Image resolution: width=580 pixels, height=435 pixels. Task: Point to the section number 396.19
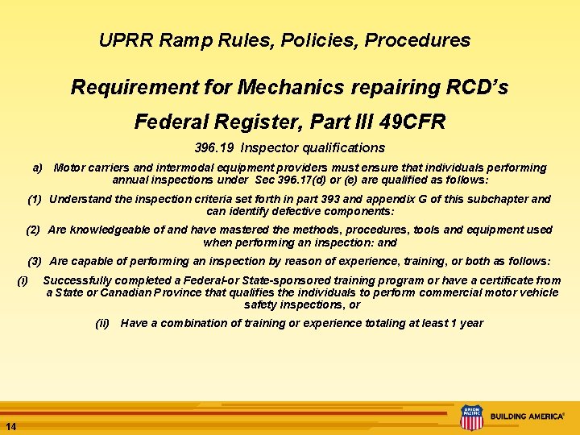(215, 148)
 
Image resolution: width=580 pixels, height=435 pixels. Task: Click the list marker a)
(37, 168)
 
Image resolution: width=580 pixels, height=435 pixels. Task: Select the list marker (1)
(35, 199)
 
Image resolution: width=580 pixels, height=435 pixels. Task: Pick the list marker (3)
(35, 261)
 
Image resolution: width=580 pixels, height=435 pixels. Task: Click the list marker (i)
(23, 280)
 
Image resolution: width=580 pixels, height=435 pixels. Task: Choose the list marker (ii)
(102, 323)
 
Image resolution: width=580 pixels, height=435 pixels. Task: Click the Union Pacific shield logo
(471, 417)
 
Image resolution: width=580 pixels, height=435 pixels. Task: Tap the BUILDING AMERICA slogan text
(528, 416)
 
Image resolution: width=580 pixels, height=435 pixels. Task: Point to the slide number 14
(10, 425)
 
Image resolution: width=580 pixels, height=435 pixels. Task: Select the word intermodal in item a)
(168, 168)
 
